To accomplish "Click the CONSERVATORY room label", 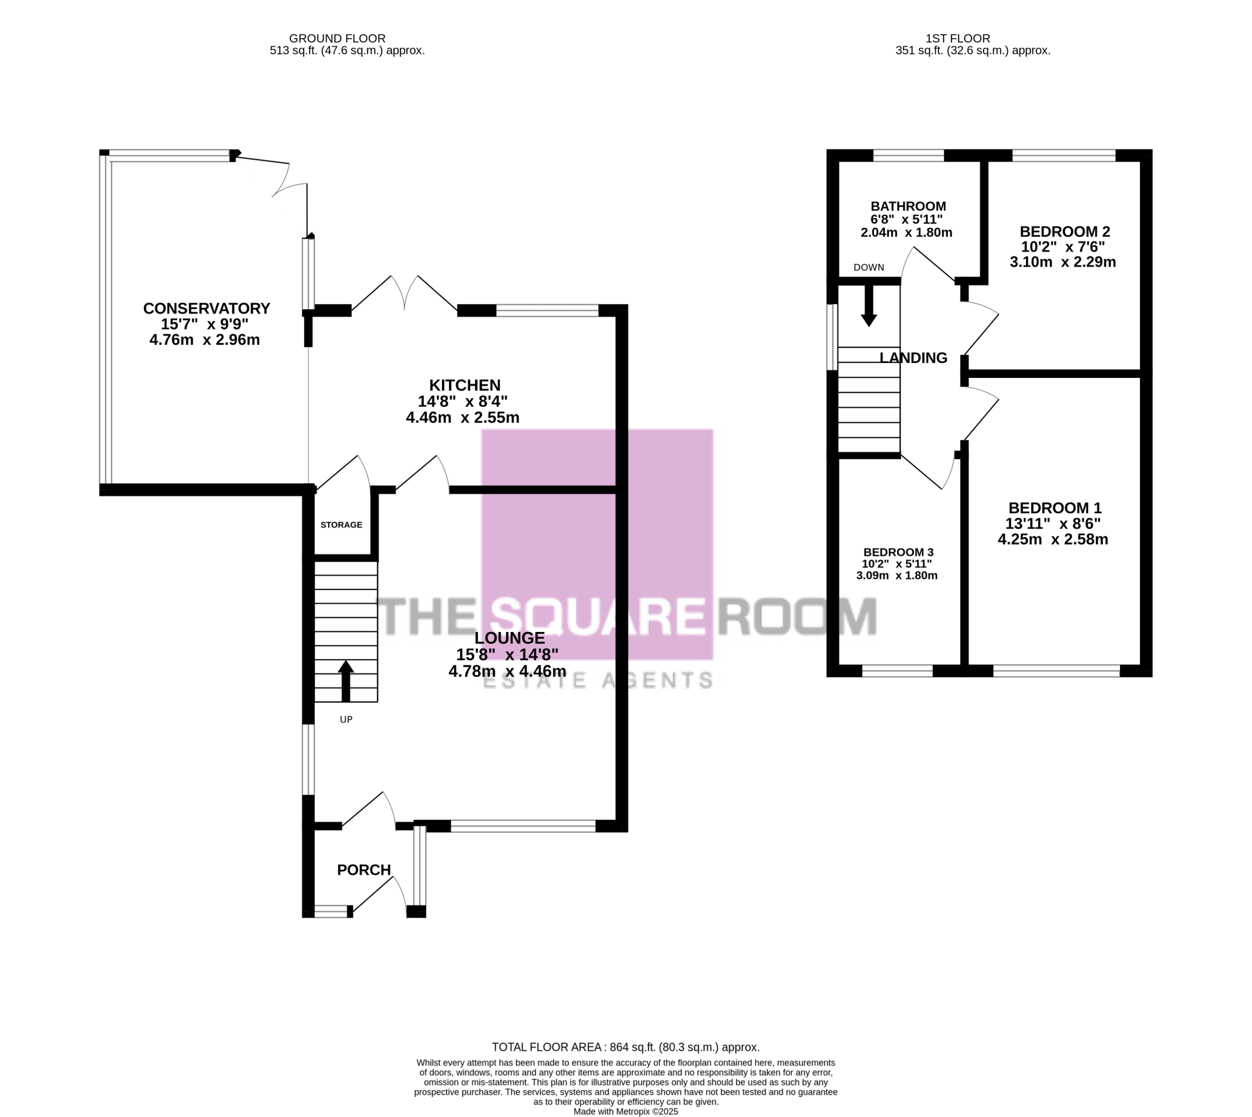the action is tap(207, 309).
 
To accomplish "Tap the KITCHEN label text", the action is tap(464, 385).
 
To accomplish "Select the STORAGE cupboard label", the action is tap(341, 524).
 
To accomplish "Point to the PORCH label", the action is tap(364, 870).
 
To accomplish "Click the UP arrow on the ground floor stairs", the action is tap(346, 681).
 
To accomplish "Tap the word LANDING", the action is tap(913, 358).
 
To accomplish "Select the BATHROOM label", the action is tap(908, 207).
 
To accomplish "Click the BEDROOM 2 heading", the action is tap(1065, 232).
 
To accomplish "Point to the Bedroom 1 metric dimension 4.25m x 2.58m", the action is tap(1053, 539).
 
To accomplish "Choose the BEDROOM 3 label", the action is tap(898, 552).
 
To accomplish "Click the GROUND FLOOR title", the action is tap(337, 39).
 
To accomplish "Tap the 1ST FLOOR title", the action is tap(958, 39).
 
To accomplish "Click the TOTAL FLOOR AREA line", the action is tap(626, 1047).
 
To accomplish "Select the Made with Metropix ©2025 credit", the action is tap(626, 1112).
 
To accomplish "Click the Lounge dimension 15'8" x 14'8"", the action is tap(507, 655).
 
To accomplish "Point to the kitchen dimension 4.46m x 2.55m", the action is tap(463, 417).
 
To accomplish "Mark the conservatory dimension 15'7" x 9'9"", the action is tap(205, 324).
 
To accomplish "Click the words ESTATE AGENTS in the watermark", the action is tap(598, 680).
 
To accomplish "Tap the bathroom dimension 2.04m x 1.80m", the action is tap(906, 233).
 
